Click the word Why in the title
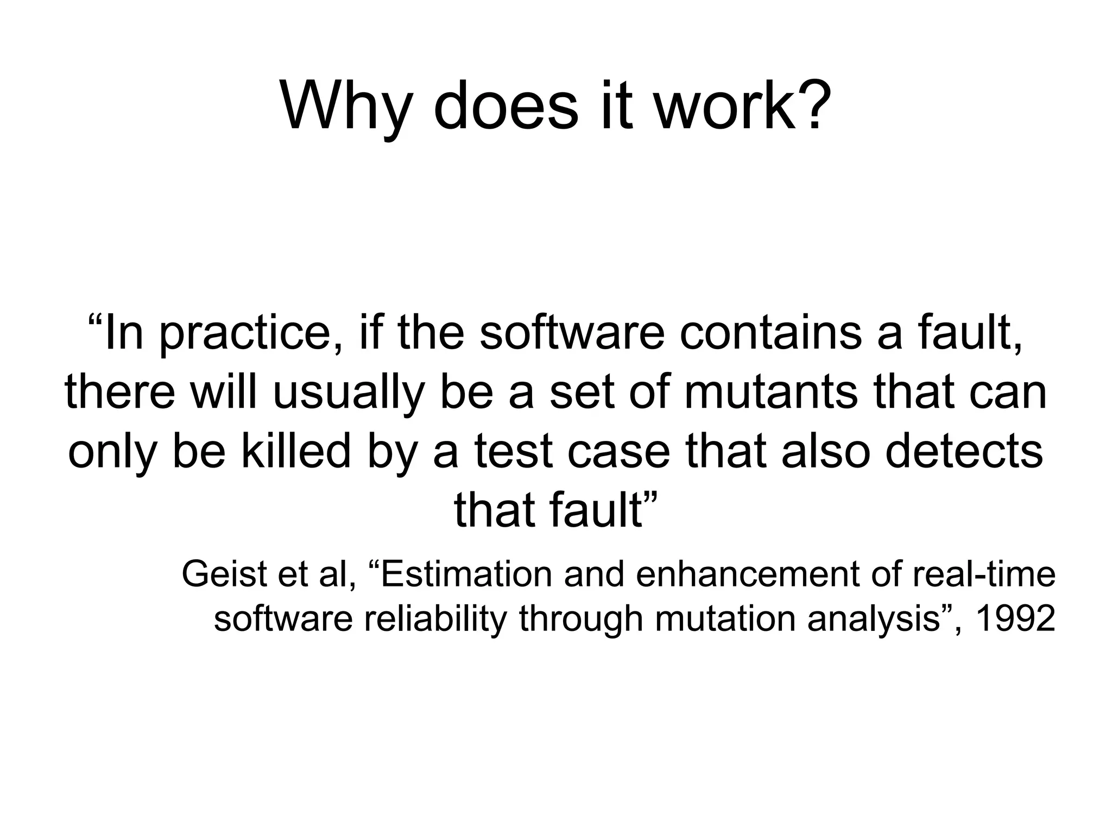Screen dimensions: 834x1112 coord(344,106)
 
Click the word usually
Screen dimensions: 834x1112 coord(347,393)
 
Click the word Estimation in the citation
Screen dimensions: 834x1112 coord(466,574)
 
